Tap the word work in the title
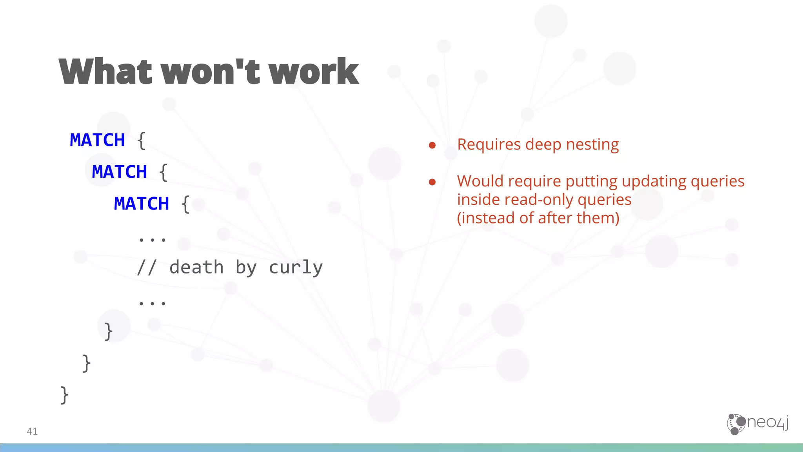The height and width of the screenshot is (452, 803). point(313,71)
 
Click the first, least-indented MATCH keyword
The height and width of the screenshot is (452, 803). point(97,140)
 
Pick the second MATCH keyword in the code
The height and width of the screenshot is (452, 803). point(119,172)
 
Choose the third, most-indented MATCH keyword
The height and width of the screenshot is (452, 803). point(141,204)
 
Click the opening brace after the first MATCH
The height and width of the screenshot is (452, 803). point(142,140)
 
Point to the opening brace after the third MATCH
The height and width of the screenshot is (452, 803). point(185,204)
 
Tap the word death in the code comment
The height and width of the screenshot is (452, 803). point(196,267)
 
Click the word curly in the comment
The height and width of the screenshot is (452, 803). point(296,268)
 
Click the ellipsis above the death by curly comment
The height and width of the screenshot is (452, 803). point(152,239)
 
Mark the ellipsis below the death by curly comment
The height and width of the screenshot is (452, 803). point(152,303)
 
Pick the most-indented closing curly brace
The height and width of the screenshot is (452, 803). point(109,331)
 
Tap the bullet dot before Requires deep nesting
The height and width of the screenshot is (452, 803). point(432,146)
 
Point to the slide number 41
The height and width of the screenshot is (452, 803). point(32,431)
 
